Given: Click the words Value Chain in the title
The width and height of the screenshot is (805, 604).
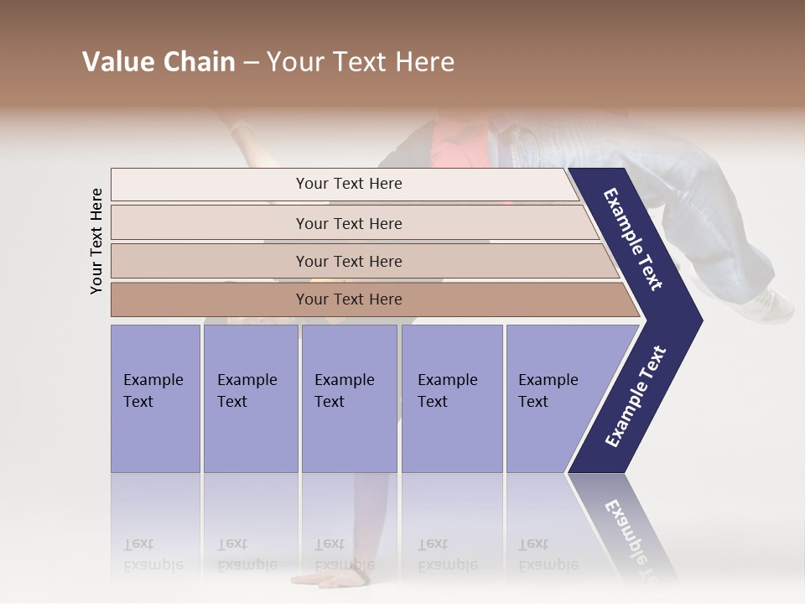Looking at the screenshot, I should (x=158, y=62).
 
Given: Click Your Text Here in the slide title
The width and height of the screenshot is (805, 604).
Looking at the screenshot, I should (x=361, y=62).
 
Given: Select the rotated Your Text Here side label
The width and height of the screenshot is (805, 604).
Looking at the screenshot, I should (x=96, y=241).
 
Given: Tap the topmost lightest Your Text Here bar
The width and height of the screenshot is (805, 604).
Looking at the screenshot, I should (x=348, y=184).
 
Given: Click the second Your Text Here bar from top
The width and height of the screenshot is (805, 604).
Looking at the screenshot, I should (x=348, y=223).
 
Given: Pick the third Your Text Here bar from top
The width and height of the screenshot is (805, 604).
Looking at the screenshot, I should (x=348, y=261).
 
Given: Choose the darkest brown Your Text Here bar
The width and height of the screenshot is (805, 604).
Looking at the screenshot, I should (x=348, y=299).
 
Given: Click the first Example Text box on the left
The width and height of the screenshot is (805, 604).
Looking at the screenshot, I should (x=155, y=398).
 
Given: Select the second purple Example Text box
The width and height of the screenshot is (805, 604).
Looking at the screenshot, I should (x=250, y=398).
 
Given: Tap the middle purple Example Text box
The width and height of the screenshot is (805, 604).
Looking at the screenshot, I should (x=349, y=398).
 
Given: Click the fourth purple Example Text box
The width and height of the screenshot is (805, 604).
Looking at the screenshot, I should (x=452, y=398).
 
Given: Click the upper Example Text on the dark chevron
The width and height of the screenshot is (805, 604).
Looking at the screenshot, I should (x=633, y=239).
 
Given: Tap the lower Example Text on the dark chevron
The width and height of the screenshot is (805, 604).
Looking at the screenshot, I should (x=636, y=396).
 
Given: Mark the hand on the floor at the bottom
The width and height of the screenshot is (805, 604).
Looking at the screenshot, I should (x=331, y=579).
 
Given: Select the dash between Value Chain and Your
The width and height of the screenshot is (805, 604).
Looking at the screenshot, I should (x=251, y=63).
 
